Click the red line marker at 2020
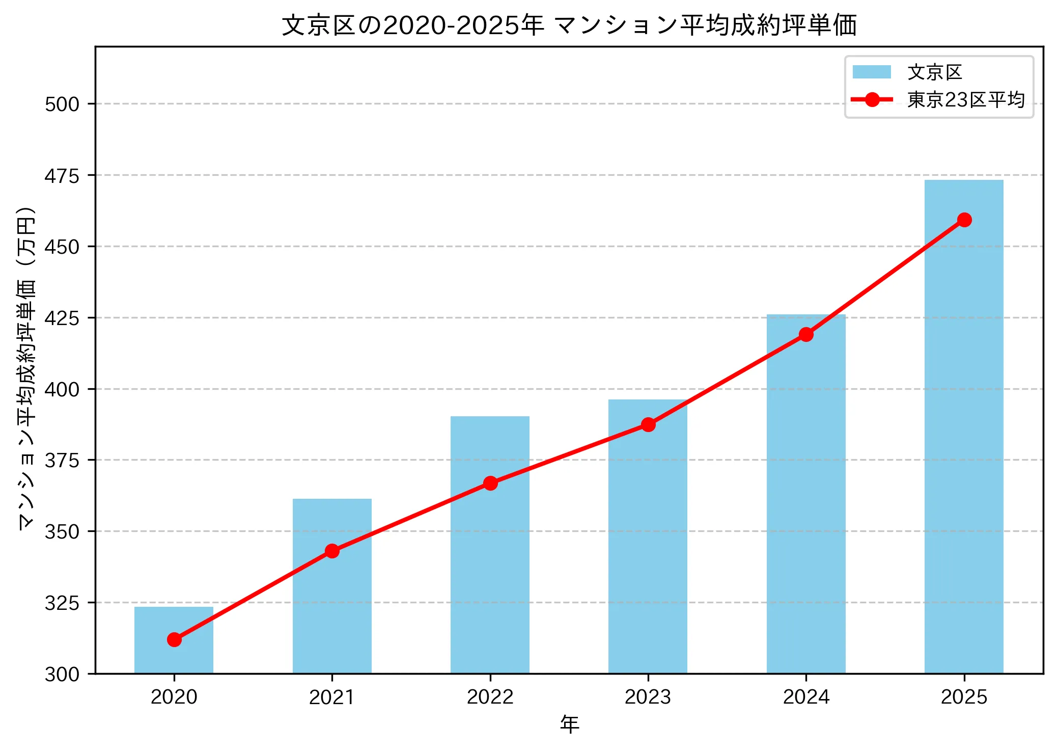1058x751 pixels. (x=174, y=639)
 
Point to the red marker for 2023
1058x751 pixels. (x=648, y=424)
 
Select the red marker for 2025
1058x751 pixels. (x=964, y=220)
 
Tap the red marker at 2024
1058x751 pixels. (x=806, y=334)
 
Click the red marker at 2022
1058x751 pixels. (x=490, y=483)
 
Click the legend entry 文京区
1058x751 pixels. (x=934, y=72)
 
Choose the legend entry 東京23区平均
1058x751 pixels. (x=965, y=100)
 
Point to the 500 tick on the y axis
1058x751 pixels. (x=62, y=104)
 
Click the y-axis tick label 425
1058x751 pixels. (x=62, y=318)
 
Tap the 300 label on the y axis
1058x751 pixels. (x=62, y=675)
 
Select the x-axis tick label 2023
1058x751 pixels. (x=648, y=697)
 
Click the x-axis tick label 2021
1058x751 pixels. (x=332, y=697)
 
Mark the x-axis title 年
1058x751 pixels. (x=569, y=725)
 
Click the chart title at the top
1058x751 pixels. (x=569, y=25)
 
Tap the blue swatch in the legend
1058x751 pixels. (x=872, y=72)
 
